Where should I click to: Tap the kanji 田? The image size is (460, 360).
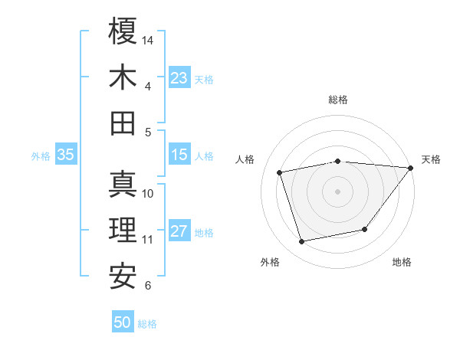coord(123,123)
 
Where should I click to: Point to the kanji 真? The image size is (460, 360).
coord(123,184)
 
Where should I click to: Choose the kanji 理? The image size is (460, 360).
coord(123,230)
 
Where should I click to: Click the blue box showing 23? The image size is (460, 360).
coord(179,78)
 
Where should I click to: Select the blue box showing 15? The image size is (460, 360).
coord(179,155)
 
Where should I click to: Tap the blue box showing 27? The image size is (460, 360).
coord(179,232)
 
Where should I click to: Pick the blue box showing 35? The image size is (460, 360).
coord(65,155)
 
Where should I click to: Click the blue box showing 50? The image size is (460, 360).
coord(123,322)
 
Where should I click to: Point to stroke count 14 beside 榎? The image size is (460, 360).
coord(149,39)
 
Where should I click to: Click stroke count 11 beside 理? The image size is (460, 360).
coord(148,240)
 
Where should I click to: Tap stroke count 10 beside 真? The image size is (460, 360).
coord(148,193)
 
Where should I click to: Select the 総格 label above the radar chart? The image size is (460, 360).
coord(338,100)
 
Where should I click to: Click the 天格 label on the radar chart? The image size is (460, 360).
coord(432,159)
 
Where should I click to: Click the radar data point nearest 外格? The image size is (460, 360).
coord(302,242)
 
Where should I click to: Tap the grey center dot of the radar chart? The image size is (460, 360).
coord(337,191)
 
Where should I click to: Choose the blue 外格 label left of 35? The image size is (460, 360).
coord(41,155)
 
